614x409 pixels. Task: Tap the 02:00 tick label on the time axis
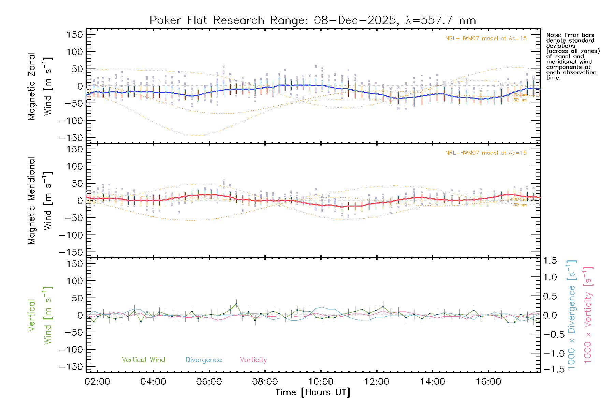click(98, 382)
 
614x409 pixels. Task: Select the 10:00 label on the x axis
click(321, 382)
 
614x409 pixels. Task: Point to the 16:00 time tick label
click(488, 382)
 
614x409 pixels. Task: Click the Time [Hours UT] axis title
click(313, 392)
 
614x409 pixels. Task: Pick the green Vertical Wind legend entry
click(143, 360)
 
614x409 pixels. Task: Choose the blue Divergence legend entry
click(204, 360)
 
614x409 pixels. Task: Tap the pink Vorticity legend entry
click(253, 360)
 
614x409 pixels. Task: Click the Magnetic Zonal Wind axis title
click(40, 86)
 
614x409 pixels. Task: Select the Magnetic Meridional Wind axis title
click(40, 201)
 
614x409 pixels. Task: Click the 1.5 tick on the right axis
click(550, 261)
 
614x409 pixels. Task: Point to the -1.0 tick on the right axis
click(550, 353)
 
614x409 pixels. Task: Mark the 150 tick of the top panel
click(75, 35)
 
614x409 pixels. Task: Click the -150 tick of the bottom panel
click(71, 367)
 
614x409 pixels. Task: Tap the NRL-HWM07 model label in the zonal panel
click(486, 39)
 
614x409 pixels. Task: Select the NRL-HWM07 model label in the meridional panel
click(486, 153)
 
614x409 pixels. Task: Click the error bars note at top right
click(573, 56)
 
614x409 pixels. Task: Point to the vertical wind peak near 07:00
click(236, 304)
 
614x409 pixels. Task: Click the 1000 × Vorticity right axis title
click(588, 315)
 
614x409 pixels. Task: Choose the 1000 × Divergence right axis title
click(572, 315)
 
